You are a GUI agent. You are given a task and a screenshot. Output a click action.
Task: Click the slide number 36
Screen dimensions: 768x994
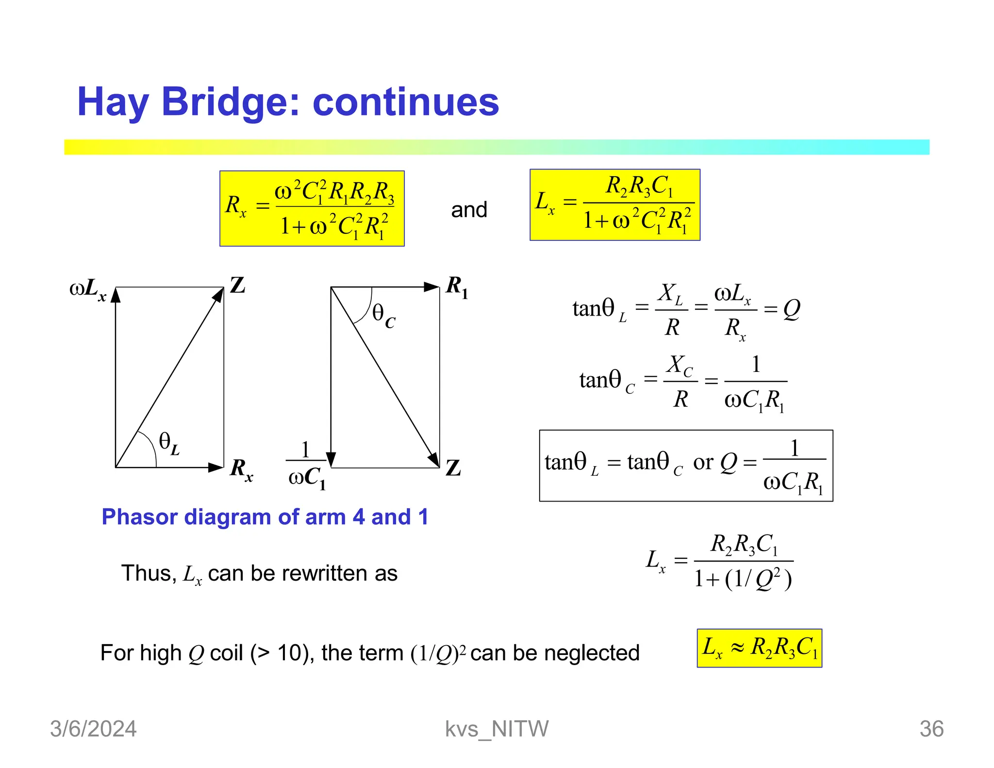[931, 729]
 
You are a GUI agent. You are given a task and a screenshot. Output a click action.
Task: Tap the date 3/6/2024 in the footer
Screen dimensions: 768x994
[93, 729]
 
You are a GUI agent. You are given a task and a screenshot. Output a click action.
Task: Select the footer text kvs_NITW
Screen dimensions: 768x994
[497, 729]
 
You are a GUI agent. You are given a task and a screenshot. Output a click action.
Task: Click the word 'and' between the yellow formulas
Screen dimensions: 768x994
[469, 210]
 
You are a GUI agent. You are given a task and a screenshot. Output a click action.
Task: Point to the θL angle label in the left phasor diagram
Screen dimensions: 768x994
[169, 443]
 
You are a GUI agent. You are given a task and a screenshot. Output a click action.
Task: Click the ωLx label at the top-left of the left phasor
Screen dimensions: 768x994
[88, 289]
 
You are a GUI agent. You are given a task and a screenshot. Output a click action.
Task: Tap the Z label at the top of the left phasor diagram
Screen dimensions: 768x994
[237, 285]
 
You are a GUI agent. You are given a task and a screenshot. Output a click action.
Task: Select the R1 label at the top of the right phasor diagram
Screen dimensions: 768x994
[457, 286]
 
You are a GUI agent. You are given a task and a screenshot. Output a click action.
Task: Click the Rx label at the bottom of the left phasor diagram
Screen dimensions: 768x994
[241, 470]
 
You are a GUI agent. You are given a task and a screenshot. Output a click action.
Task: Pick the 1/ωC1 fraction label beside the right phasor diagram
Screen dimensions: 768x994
[306, 465]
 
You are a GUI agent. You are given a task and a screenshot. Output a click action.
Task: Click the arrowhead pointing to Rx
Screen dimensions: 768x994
[216, 467]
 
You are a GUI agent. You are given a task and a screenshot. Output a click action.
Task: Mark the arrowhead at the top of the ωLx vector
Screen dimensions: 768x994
[116, 295]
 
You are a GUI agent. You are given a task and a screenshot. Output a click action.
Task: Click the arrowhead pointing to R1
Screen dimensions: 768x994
[431, 287]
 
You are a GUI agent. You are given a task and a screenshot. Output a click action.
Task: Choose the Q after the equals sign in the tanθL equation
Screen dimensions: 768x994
[792, 309]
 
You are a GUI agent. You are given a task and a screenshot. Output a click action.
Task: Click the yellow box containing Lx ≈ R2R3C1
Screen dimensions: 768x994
[759, 648]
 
